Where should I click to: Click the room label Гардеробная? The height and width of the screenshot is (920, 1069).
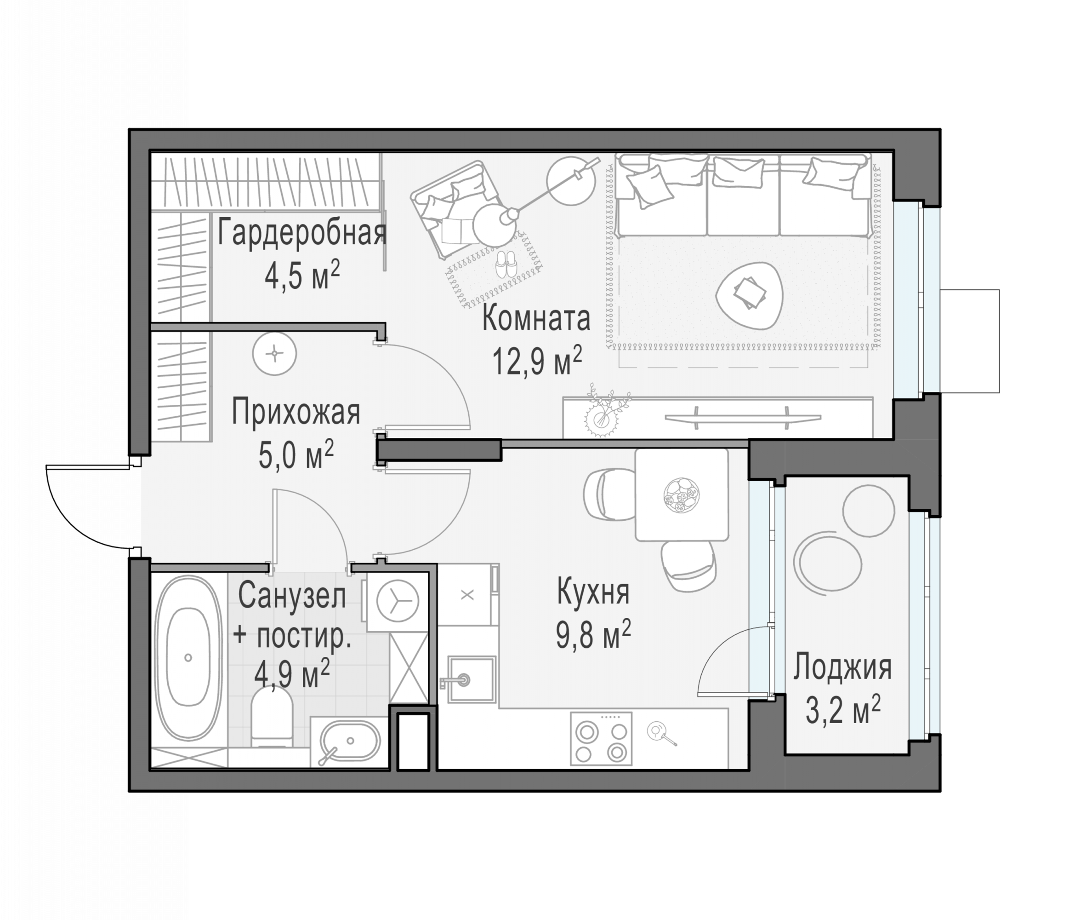[302, 233]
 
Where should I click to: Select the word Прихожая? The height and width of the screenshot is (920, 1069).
[296, 413]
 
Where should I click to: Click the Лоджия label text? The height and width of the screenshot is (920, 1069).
[842, 667]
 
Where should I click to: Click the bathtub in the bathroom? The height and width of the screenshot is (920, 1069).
[188, 659]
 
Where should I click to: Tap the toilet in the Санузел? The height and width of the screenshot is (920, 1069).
[272, 718]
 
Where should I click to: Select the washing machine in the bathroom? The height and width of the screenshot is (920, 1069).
[397, 602]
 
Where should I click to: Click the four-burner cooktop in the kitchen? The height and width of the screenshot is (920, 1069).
[601, 739]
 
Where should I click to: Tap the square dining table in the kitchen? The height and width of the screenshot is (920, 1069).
[682, 494]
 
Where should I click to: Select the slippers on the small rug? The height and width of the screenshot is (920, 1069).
[506, 264]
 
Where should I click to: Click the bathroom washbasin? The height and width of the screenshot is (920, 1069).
[350, 741]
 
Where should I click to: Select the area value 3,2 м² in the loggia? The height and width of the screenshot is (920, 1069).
[843, 710]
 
